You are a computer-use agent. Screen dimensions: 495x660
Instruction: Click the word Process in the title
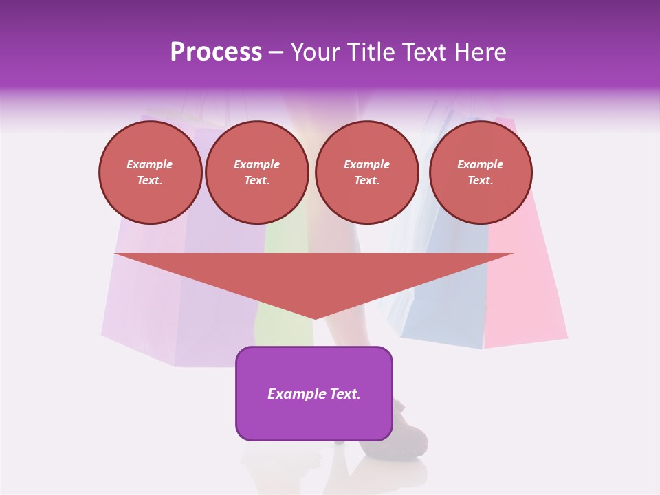tap(216, 52)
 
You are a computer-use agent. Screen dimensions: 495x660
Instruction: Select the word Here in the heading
tap(479, 52)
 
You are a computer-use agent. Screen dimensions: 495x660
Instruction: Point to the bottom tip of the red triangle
tap(314, 317)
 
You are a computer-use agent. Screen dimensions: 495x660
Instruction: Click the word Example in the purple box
tap(297, 394)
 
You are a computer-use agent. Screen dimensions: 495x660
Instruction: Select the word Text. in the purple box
tap(345, 394)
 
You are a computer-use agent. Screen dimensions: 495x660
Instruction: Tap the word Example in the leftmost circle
tap(150, 164)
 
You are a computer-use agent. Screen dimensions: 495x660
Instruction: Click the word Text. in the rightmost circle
tap(480, 180)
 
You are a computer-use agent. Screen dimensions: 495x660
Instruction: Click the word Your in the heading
tap(315, 52)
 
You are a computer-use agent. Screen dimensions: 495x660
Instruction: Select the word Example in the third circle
tap(366, 164)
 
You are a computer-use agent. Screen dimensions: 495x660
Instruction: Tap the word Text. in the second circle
tap(256, 180)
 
